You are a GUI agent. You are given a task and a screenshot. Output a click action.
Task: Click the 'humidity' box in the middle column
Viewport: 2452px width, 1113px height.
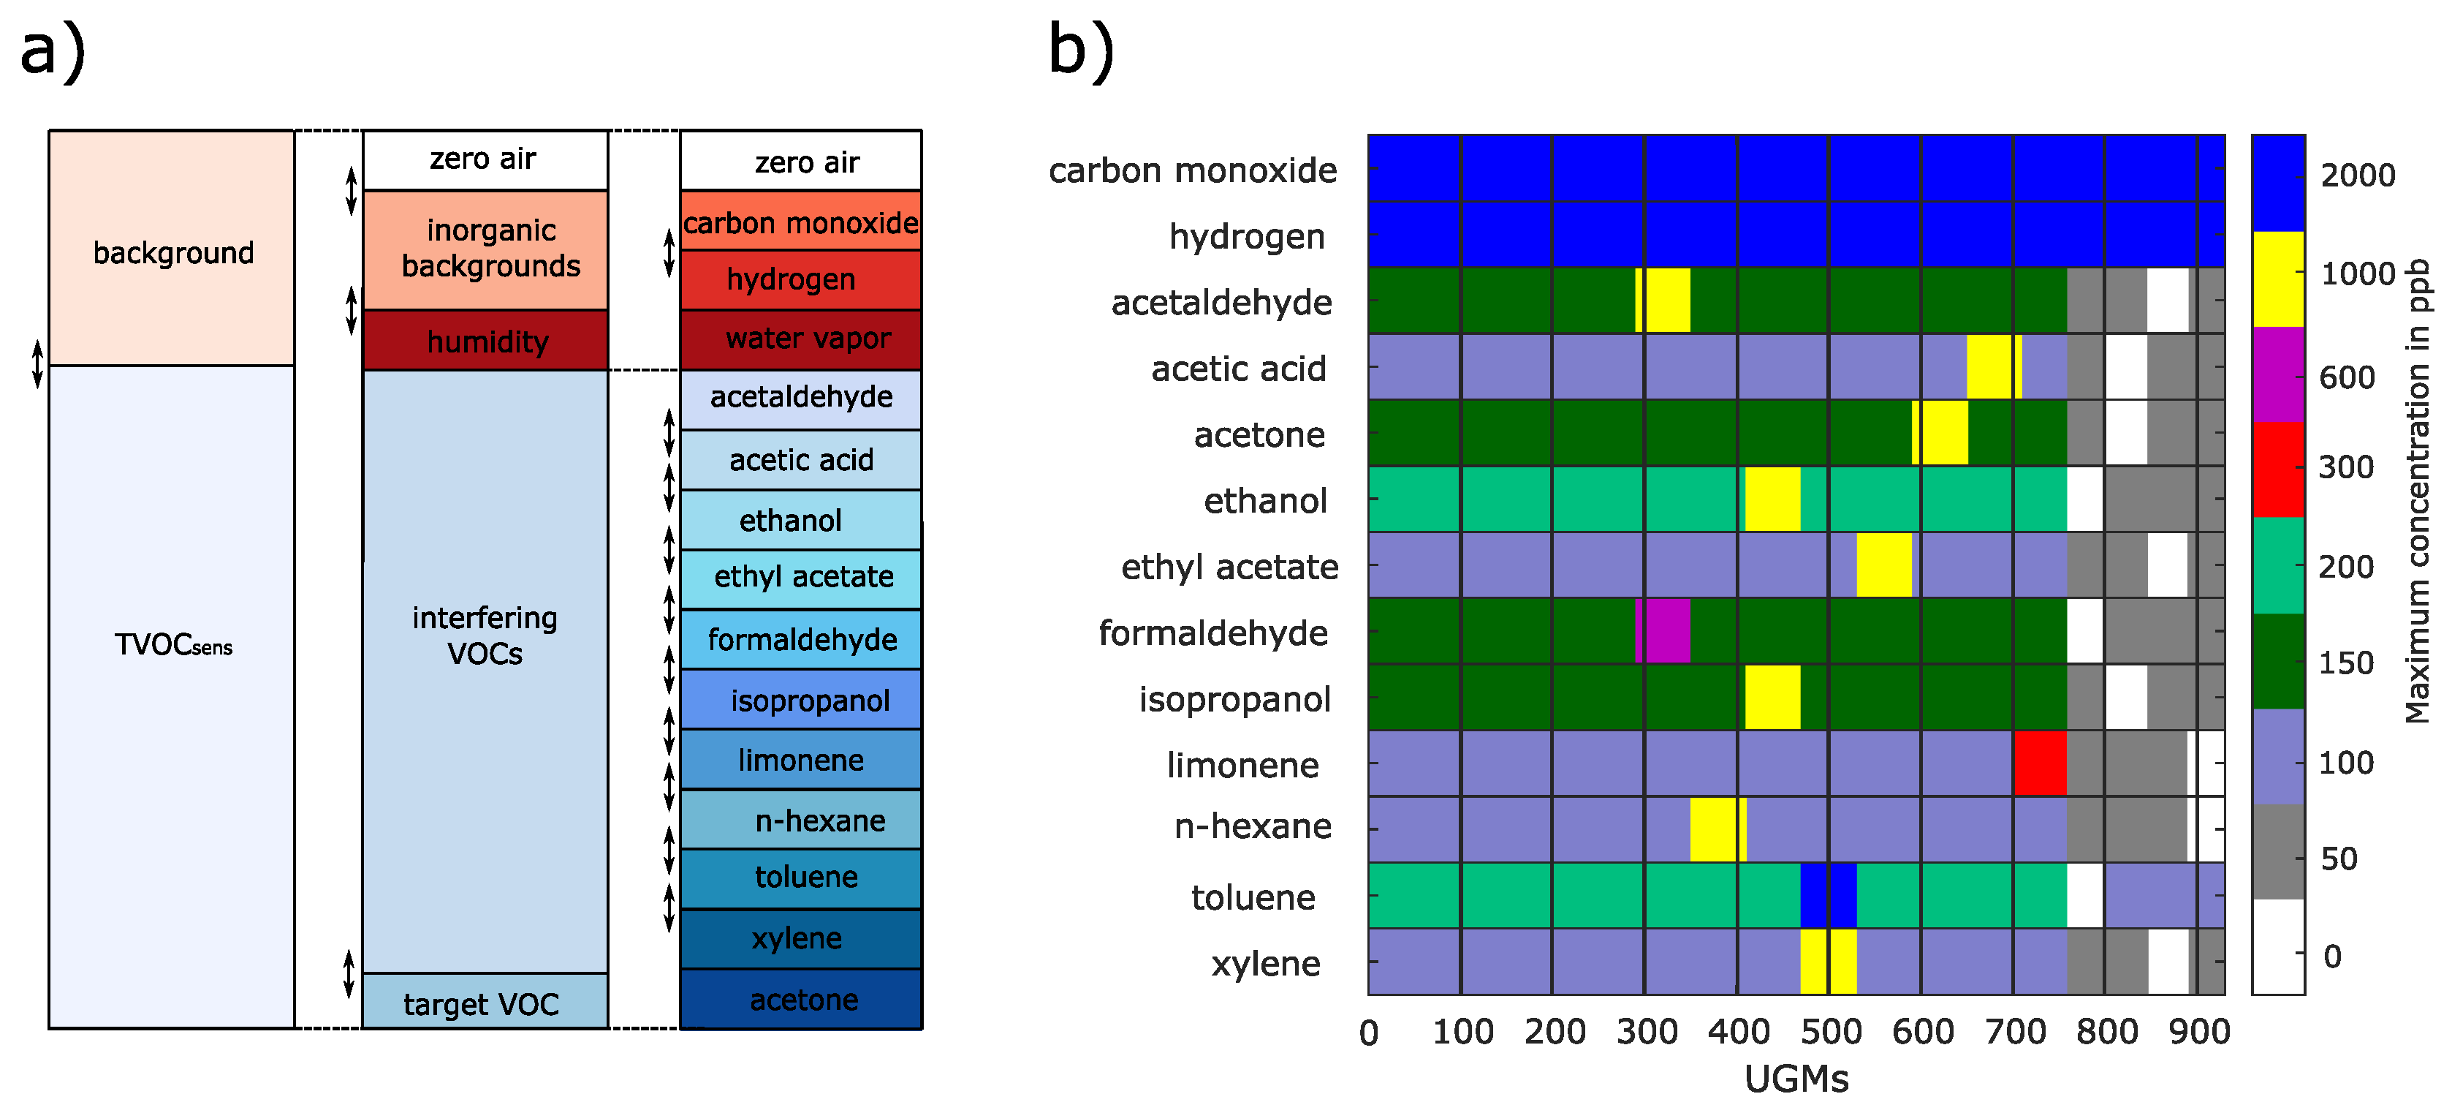(485, 340)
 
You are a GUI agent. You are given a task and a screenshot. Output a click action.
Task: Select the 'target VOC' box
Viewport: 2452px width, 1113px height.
(484, 1002)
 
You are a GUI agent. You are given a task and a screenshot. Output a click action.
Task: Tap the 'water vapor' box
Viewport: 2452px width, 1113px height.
(800, 339)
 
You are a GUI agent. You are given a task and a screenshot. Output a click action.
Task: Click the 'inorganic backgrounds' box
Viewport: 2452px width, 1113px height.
(485, 249)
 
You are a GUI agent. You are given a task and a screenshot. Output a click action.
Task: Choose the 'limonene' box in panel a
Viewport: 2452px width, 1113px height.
(800, 760)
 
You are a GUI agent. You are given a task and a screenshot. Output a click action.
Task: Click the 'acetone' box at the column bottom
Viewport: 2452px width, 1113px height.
(800, 999)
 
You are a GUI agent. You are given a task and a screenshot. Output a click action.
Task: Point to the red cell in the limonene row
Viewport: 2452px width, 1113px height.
(2040, 763)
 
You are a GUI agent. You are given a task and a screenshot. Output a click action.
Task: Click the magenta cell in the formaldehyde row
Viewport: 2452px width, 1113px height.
(1663, 630)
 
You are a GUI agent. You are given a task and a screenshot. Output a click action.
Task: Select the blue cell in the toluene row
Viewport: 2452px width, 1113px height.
(1828, 895)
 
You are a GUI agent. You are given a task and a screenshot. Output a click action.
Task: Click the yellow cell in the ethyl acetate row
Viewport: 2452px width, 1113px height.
(1883, 565)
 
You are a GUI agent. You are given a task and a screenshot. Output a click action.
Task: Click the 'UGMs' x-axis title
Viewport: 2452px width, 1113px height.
(1796, 1079)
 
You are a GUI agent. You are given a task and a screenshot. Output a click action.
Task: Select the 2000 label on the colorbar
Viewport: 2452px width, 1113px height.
(2357, 176)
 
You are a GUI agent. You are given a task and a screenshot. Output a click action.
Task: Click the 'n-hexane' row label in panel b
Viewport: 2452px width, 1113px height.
(1253, 826)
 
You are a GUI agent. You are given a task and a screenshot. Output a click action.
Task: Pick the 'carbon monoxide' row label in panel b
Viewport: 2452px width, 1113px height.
(1192, 170)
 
